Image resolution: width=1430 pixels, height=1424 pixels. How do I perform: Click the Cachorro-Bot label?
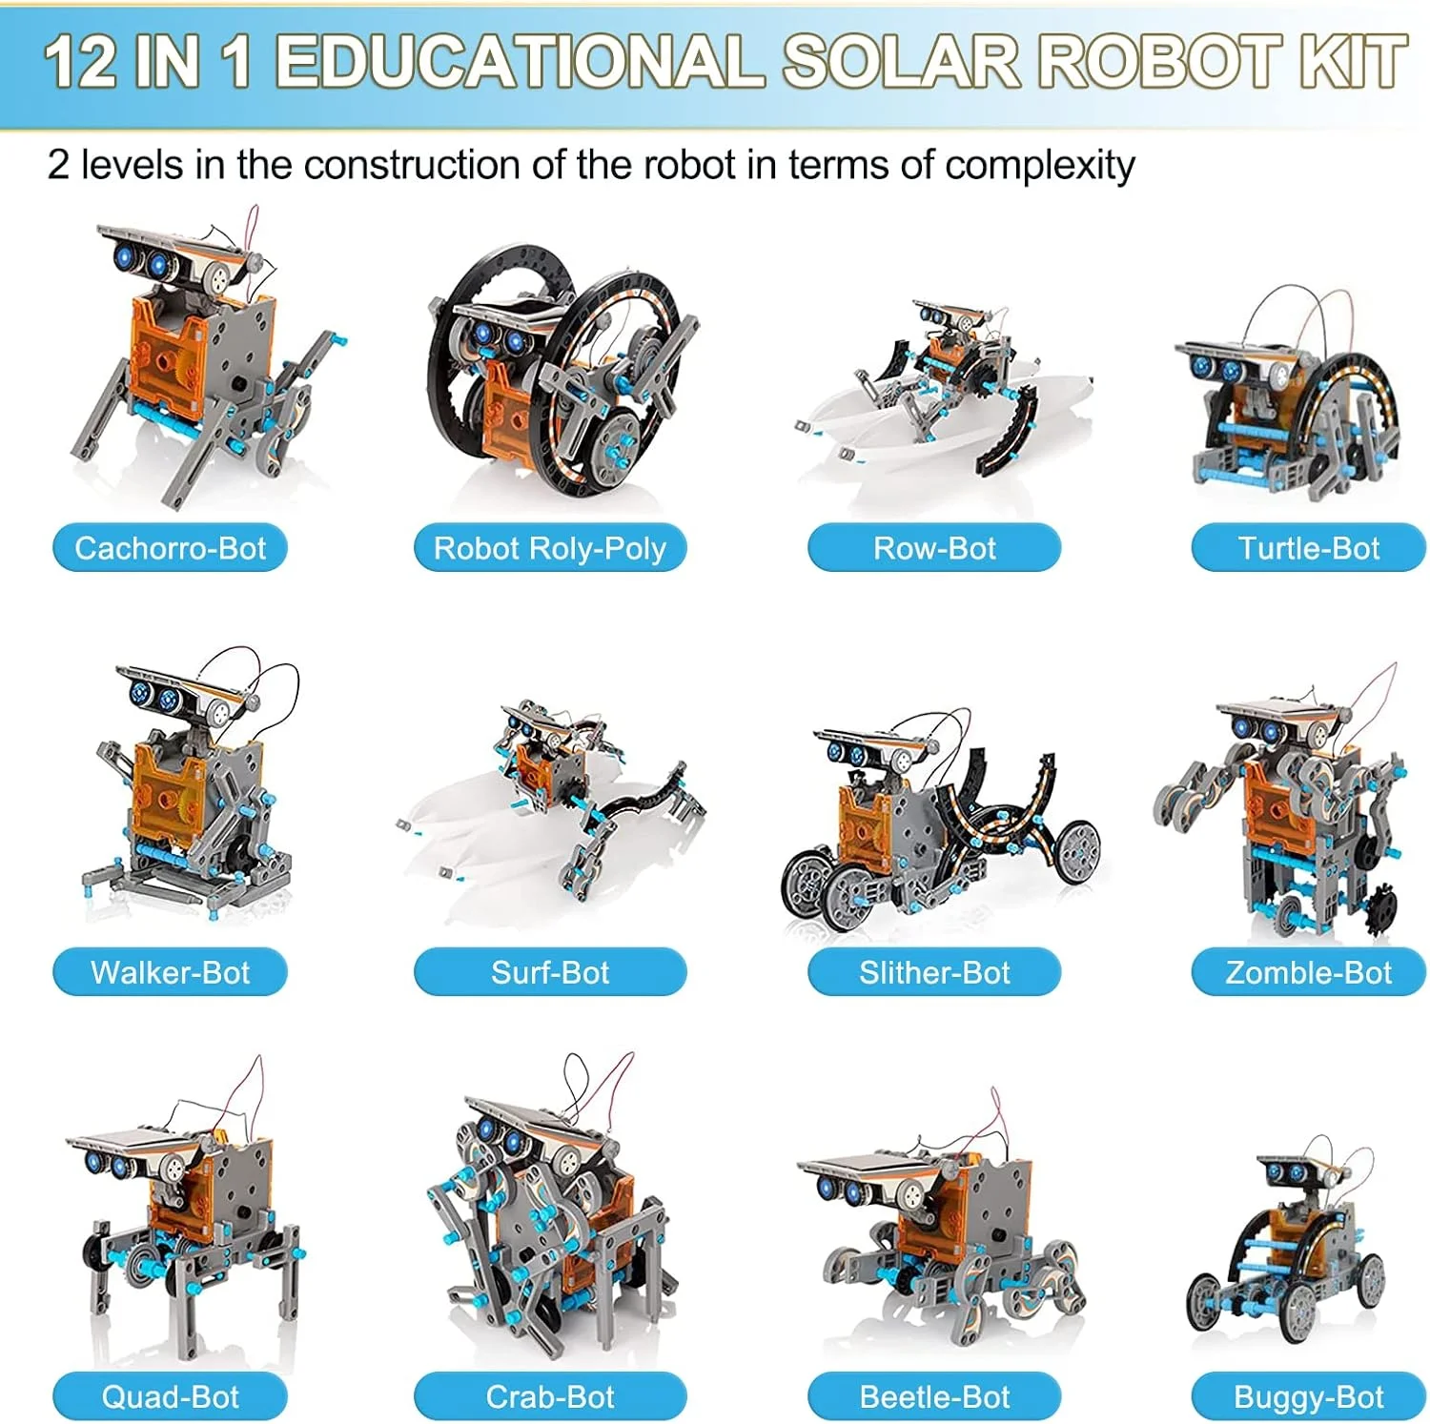click(x=170, y=548)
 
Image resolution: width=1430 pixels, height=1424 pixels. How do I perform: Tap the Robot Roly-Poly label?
click(x=550, y=548)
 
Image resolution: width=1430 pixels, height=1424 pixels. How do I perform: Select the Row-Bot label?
click(x=934, y=548)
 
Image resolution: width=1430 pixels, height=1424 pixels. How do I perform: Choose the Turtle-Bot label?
click(x=1308, y=548)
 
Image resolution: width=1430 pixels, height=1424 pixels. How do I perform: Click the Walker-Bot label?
click(x=170, y=972)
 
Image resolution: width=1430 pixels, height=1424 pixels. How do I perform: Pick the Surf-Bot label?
click(x=550, y=972)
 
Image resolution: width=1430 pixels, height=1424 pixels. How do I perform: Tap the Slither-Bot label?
click(x=934, y=972)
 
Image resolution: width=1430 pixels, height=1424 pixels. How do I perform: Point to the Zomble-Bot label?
click(x=1308, y=972)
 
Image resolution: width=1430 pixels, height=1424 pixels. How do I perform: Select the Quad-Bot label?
click(x=170, y=1396)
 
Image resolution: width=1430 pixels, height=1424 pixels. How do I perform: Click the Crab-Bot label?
click(x=550, y=1396)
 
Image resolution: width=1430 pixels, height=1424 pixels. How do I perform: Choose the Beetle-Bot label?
click(x=934, y=1396)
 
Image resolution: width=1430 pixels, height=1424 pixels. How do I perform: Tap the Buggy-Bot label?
click(x=1308, y=1396)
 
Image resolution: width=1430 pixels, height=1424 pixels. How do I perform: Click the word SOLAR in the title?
click(x=901, y=62)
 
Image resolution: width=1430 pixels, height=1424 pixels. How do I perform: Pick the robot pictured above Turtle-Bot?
click(x=1287, y=400)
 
